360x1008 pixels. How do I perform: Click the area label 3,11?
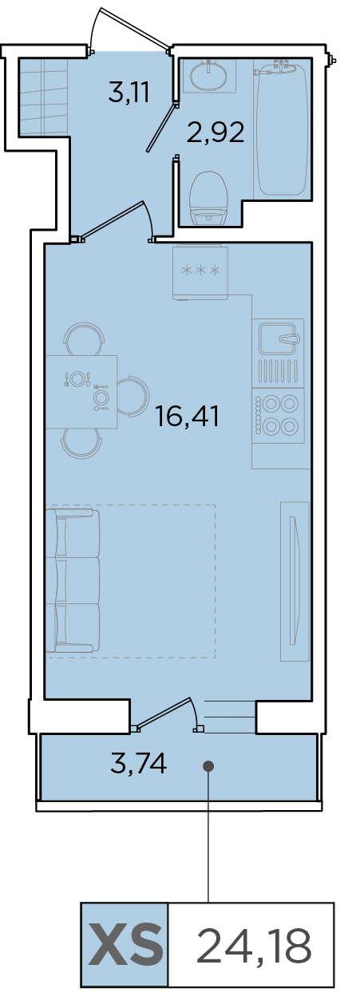(129, 93)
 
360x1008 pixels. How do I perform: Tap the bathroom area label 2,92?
(216, 132)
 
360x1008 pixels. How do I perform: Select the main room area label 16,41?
(187, 417)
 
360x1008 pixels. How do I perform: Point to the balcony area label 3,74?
(139, 763)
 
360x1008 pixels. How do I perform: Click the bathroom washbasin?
(210, 75)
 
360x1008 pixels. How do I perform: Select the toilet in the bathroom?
(210, 198)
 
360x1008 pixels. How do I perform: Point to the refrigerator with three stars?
(200, 272)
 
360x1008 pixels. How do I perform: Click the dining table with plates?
(81, 392)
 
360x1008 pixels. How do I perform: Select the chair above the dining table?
(84, 339)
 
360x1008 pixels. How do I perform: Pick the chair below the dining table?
(81, 443)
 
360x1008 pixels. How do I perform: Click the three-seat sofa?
(73, 581)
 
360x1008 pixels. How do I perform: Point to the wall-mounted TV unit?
(295, 581)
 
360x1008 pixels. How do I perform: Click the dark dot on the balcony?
(208, 765)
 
